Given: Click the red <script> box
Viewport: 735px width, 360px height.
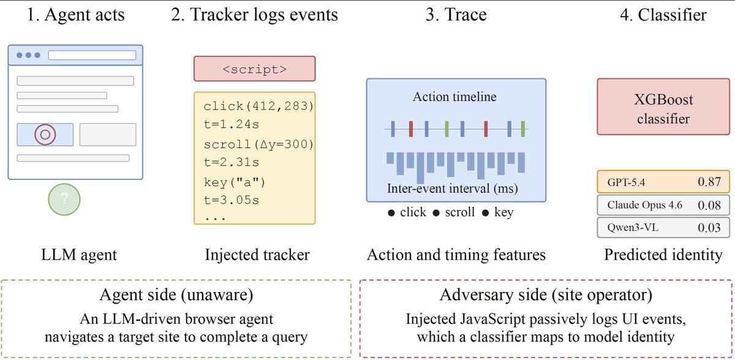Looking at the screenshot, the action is [x=255, y=69].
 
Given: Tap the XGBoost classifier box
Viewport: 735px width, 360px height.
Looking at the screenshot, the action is [x=663, y=107].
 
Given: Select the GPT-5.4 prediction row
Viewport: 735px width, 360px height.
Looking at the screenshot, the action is [x=663, y=182].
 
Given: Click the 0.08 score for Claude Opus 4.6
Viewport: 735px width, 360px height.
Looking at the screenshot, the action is [x=709, y=205].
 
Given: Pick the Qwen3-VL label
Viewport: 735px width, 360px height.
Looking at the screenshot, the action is [x=633, y=227].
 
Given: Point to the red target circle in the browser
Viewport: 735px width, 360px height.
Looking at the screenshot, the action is [x=45, y=135].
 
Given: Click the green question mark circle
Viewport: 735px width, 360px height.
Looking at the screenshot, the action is [x=64, y=200].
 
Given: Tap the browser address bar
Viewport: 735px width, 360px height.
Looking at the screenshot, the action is [x=92, y=55].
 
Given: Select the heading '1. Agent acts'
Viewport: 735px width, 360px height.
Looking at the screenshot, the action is [x=76, y=15].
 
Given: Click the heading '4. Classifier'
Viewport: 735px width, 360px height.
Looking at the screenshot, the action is [x=663, y=15].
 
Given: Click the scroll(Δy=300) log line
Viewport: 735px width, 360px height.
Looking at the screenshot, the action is [x=258, y=144].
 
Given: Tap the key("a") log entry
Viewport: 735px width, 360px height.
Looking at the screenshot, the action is [x=234, y=182].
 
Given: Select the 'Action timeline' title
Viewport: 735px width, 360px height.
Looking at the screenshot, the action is [x=454, y=97].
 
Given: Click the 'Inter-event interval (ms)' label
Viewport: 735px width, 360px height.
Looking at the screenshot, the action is [x=453, y=189].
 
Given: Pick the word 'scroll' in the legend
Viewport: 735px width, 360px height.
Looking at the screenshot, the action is [x=460, y=212].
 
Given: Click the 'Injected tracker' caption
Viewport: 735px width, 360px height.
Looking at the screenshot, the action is [x=257, y=255].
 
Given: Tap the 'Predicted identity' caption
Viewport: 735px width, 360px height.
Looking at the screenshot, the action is [x=663, y=255].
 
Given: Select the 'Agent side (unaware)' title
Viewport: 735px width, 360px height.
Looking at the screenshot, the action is [x=176, y=294].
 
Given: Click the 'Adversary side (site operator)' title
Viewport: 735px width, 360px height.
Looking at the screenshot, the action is [x=546, y=294].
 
